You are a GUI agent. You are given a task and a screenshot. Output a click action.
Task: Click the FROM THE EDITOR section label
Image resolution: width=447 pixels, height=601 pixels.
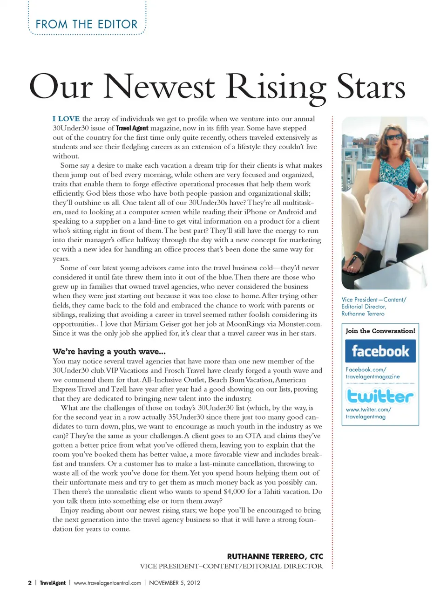tap(87, 24)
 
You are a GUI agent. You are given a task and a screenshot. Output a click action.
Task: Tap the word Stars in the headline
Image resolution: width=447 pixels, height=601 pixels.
tap(371, 87)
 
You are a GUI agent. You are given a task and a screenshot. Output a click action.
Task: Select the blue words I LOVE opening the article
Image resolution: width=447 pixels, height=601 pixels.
tap(66, 119)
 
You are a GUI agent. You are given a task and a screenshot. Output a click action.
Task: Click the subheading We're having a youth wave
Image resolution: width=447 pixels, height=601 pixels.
tap(109, 351)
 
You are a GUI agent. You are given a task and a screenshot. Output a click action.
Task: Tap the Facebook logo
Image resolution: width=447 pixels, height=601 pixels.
tap(380, 351)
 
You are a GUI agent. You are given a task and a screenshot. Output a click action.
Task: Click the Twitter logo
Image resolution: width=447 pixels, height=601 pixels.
tap(380, 396)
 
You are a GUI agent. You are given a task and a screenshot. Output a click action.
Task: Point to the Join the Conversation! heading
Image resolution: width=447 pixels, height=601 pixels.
tap(380, 331)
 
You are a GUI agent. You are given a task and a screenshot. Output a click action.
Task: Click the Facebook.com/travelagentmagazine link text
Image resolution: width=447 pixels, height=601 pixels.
tap(372, 373)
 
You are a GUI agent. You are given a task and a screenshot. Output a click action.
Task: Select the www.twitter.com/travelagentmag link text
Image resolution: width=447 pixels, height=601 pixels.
tap(368, 413)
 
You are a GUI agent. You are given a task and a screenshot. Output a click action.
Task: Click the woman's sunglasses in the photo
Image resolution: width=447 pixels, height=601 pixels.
tap(394, 137)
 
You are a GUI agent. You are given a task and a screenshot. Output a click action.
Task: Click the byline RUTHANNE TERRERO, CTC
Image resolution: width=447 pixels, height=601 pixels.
tap(275, 556)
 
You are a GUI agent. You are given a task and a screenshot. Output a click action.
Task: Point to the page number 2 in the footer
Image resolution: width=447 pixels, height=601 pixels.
tap(30, 583)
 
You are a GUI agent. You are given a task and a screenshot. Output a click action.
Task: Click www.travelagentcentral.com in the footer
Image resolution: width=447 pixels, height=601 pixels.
tap(107, 583)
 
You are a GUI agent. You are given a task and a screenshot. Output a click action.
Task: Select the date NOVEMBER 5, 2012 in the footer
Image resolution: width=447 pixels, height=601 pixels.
tap(175, 583)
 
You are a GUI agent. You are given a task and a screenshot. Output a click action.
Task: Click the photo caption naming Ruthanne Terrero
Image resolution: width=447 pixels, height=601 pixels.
tap(373, 307)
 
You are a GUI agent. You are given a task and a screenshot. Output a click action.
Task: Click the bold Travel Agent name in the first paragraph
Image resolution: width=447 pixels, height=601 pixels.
tap(132, 128)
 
